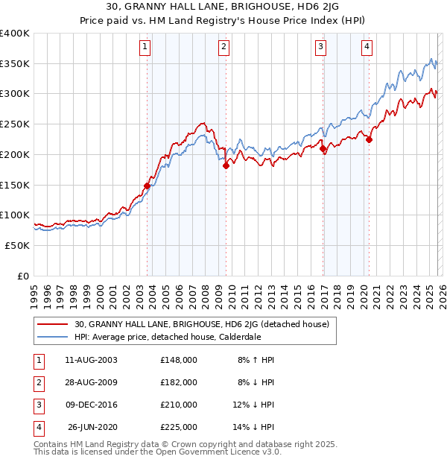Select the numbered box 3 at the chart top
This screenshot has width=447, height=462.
(320, 47)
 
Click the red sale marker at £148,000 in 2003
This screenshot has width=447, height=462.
(147, 186)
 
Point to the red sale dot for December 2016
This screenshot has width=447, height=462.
(323, 149)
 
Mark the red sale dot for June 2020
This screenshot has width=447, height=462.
(369, 139)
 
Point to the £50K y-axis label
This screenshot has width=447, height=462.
(17, 245)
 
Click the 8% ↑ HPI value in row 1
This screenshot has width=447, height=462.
(256, 359)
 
